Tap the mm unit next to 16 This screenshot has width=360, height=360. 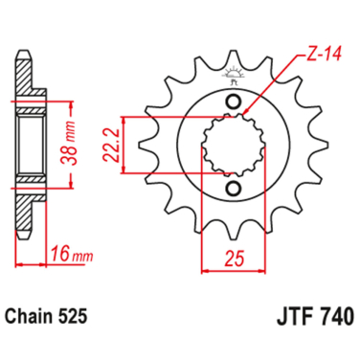point(82,254)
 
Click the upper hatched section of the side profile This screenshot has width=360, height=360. point(34,102)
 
